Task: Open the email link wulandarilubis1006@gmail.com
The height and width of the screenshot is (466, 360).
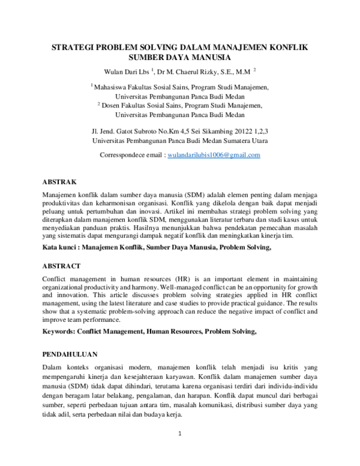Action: pos(214,155)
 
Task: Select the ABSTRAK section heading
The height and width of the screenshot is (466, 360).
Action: pos(59,181)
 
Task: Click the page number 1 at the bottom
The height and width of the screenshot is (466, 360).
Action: pos(179,433)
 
